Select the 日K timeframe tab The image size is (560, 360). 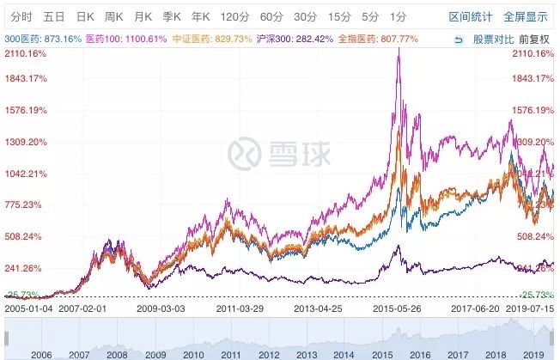pos(85,16)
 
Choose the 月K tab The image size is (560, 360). pos(143,16)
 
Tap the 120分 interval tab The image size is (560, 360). pos(233,16)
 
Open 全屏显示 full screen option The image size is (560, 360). pos(526,16)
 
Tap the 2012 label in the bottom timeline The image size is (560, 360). pos(268,353)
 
